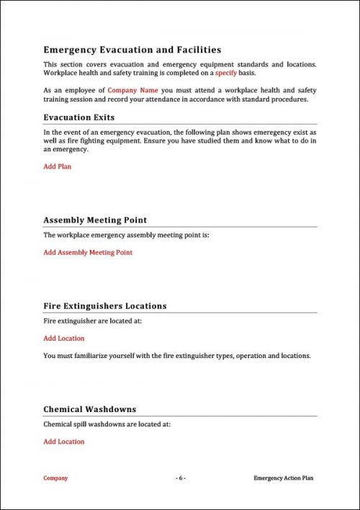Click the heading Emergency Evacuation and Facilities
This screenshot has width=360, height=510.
pyautogui.click(x=132, y=50)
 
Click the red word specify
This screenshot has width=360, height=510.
pyautogui.click(x=226, y=73)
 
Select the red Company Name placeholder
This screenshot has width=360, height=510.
pyautogui.click(x=132, y=90)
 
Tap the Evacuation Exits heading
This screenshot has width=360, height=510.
pyautogui.click(x=79, y=117)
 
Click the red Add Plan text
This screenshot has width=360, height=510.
pyautogui.click(x=57, y=166)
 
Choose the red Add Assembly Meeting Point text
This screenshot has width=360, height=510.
pyautogui.click(x=88, y=253)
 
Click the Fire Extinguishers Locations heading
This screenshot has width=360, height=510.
pyautogui.click(x=105, y=306)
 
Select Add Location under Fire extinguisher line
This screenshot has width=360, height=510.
pyautogui.click(x=63, y=339)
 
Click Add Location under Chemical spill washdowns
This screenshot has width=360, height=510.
pyautogui.click(x=63, y=442)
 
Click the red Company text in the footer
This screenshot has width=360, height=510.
pyautogui.click(x=55, y=478)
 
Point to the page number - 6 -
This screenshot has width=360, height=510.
pyautogui.click(x=181, y=478)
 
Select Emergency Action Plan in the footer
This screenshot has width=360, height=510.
pyautogui.click(x=284, y=478)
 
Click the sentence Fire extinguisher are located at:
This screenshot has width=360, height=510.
pyautogui.click(x=92, y=321)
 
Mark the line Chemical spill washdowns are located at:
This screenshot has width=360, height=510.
pyautogui.click(x=107, y=425)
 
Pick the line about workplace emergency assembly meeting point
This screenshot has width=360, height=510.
pyautogui.click(x=126, y=236)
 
